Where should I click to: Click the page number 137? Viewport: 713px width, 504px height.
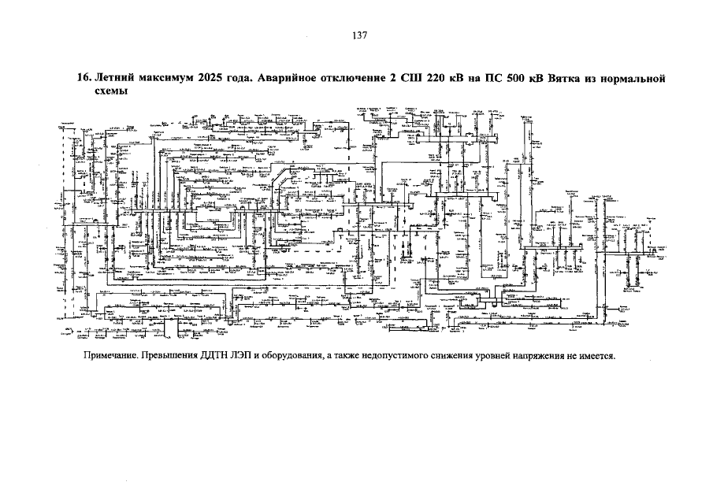359,35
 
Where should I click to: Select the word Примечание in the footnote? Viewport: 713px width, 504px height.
111,356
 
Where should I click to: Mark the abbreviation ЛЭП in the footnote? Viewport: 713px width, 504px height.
254,356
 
